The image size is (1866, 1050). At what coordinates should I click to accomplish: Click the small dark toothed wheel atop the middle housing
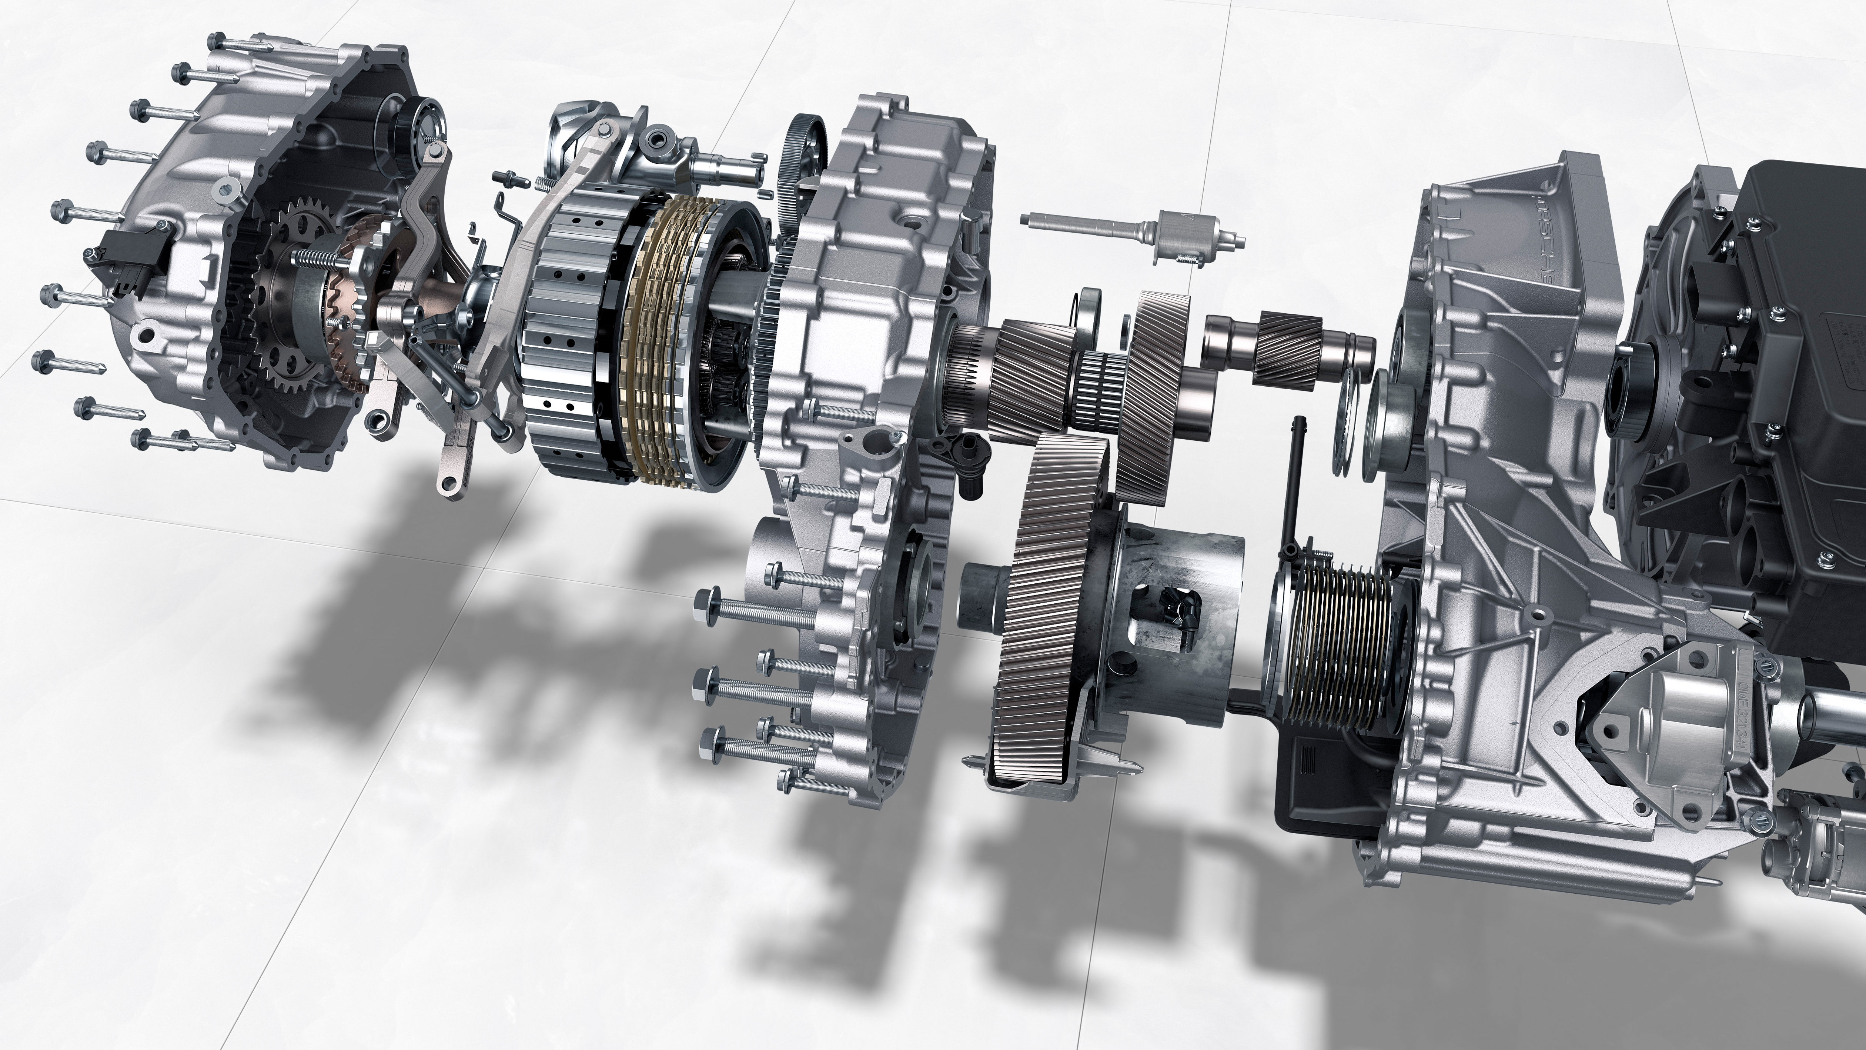[x=804, y=145]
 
